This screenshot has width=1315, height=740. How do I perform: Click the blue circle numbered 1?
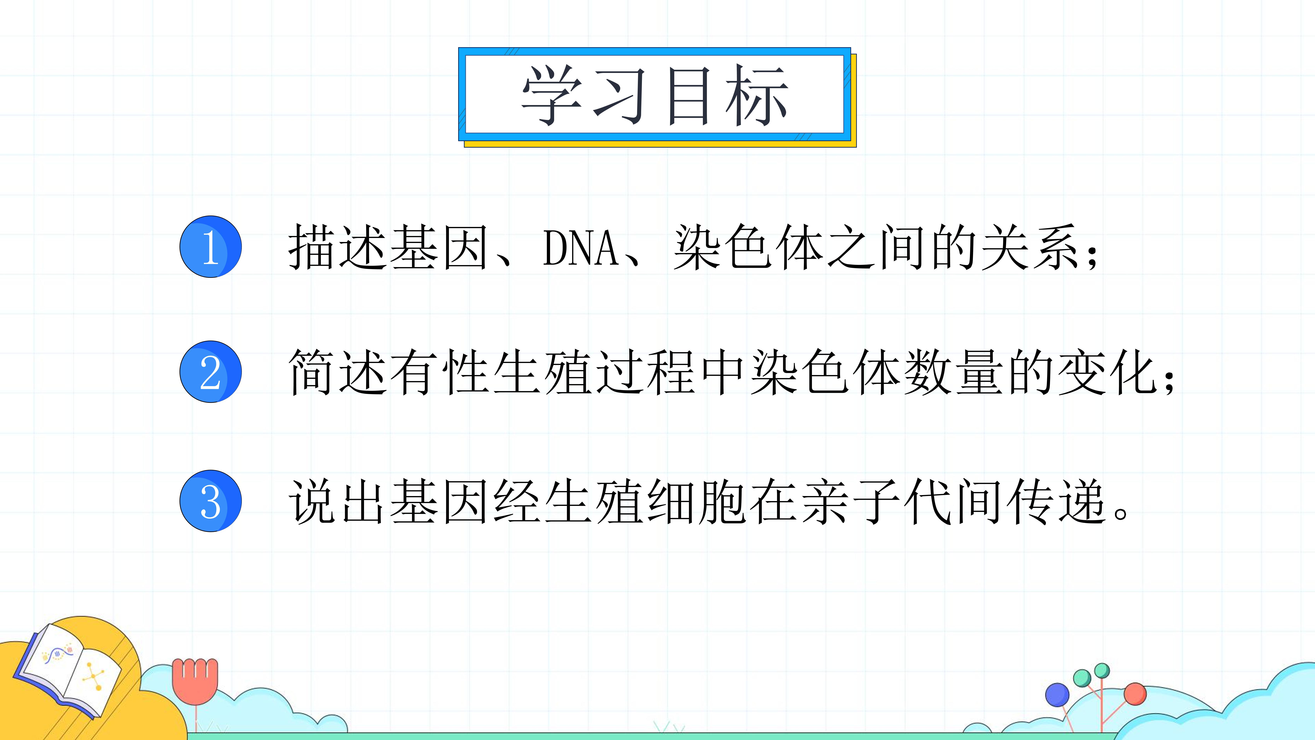click(210, 247)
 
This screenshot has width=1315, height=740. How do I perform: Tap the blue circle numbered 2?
click(210, 372)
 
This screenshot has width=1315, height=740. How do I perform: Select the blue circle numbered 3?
click(210, 501)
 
